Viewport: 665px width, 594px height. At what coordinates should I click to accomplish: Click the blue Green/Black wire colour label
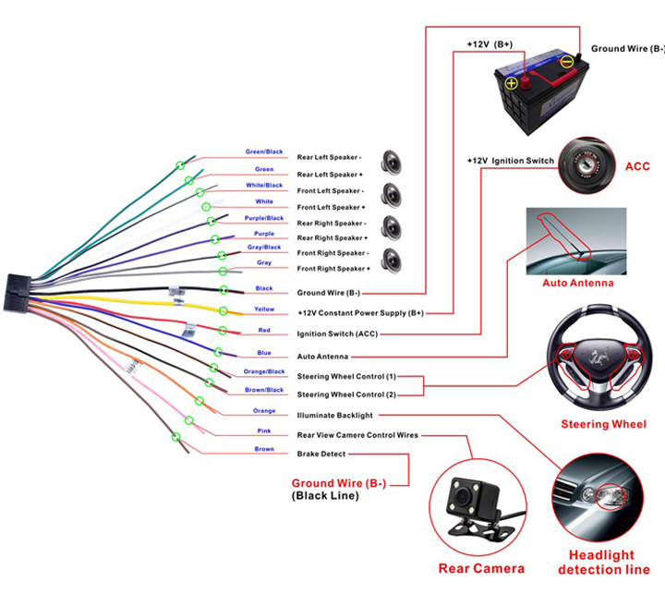[264, 152]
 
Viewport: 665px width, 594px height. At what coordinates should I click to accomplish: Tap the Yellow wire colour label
[264, 309]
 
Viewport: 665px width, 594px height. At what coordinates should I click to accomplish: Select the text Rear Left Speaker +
[330, 175]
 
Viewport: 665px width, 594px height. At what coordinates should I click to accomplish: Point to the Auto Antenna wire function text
[322, 356]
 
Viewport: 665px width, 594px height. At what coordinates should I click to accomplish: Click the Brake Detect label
[320, 454]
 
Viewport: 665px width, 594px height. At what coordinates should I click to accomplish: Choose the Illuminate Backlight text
[334, 416]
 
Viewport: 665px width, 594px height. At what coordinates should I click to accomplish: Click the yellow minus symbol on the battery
[568, 64]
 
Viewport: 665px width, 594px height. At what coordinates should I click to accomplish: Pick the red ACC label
[638, 166]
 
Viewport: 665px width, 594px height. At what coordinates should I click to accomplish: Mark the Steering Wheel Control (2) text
[346, 395]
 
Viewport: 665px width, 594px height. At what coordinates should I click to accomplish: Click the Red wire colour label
[264, 330]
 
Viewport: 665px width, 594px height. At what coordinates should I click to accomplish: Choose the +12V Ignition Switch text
[510, 161]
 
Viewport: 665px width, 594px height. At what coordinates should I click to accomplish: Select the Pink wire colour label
[264, 430]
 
